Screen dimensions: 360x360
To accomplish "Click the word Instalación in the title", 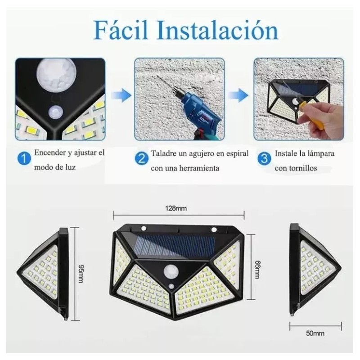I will click(x=218, y=31).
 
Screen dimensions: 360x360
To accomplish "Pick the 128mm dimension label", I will click(x=178, y=208).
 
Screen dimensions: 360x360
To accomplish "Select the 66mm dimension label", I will click(x=257, y=270).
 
